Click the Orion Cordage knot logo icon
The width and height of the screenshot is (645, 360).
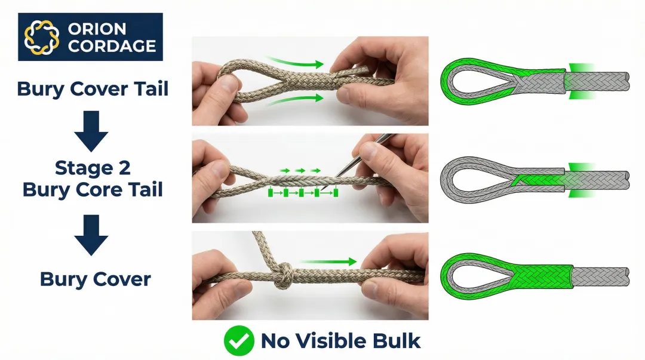41,37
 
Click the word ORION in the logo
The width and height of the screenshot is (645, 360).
97,29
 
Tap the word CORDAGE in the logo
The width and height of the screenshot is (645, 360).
112,46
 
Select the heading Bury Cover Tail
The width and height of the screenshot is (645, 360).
93,89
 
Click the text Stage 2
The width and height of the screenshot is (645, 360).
93,168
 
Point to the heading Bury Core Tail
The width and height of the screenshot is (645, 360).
93,190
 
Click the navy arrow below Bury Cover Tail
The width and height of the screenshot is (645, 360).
91,131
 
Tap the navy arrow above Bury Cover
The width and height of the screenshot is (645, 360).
91,235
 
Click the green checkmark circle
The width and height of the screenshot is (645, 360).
239,341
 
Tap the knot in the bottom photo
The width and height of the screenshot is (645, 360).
284,275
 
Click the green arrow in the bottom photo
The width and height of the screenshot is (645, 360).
329,261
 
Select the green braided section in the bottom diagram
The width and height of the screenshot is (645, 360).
542,277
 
